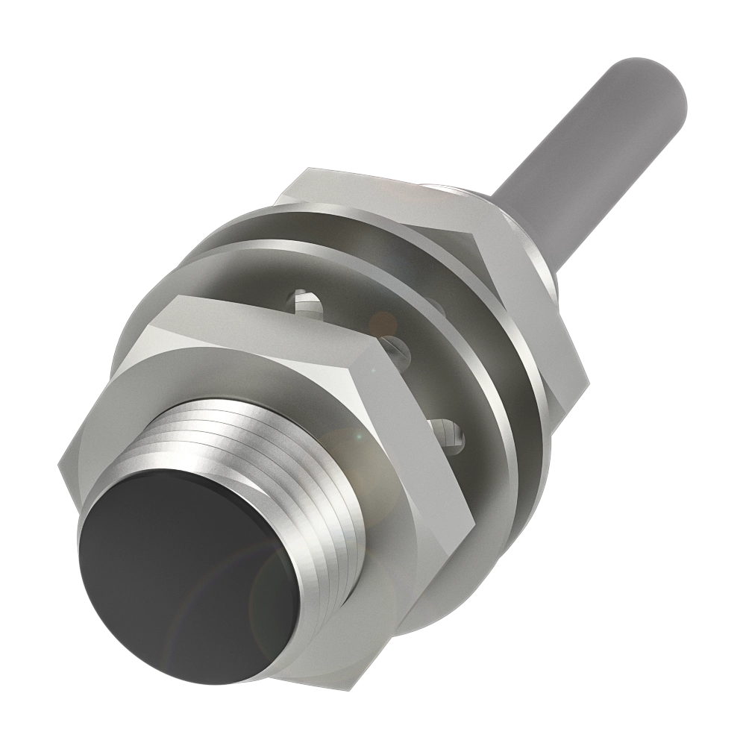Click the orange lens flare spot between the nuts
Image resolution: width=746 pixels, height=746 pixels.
pos(385,322)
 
